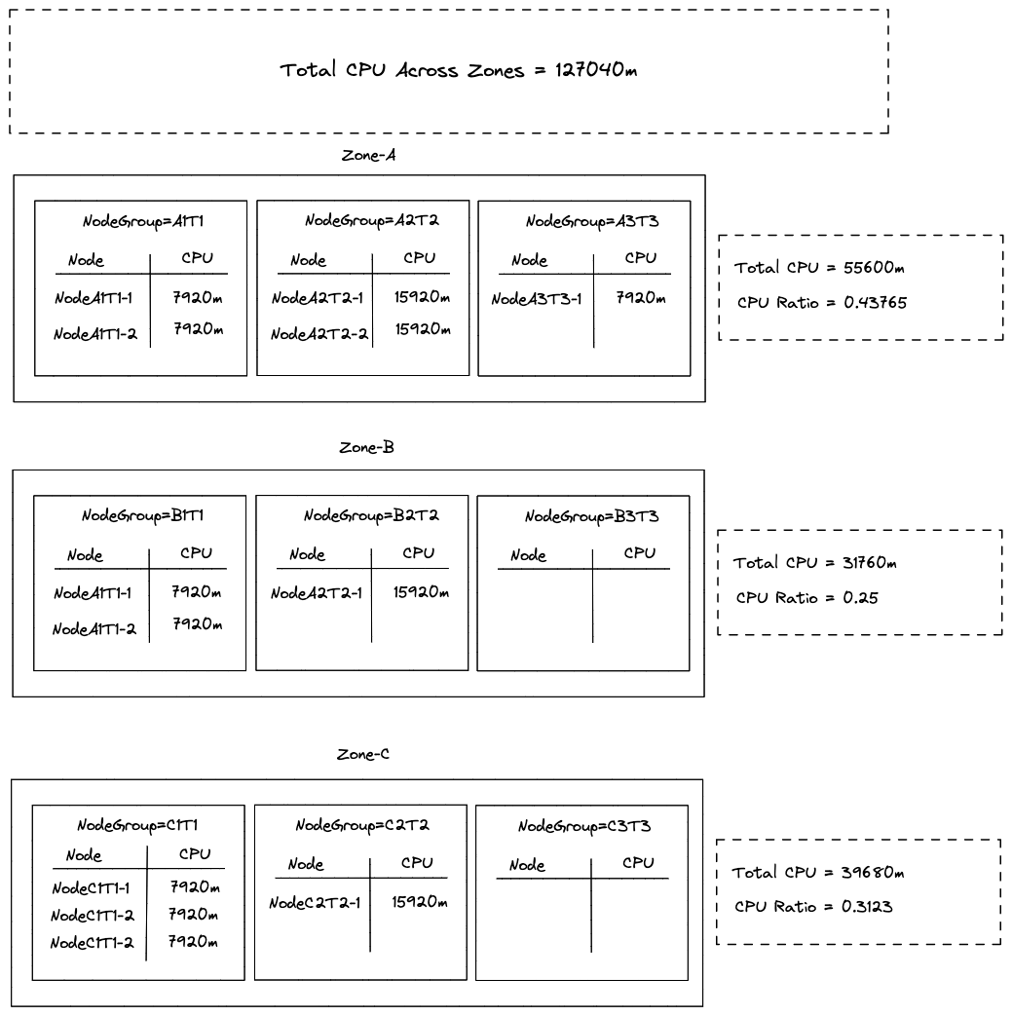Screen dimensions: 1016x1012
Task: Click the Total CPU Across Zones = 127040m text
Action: (x=459, y=70)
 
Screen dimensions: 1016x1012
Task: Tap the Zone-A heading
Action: (x=368, y=155)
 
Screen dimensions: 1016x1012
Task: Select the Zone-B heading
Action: (x=366, y=448)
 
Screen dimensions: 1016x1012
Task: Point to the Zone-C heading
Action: (x=363, y=754)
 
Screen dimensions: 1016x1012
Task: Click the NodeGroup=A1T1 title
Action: (x=142, y=222)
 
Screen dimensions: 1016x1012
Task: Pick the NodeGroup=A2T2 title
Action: (x=371, y=220)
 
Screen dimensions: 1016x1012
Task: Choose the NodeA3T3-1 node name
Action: (x=537, y=299)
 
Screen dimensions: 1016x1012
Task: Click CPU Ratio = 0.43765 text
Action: (x=822, y=303)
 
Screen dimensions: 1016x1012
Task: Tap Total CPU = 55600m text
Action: (x=820, y=267)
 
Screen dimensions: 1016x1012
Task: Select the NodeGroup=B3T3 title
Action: (x=591, y=516)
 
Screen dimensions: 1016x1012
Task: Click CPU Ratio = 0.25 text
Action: (x=807, y=598)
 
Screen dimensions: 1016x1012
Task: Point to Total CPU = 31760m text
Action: (x=814, y=563)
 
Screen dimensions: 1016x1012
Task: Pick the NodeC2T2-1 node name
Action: (x=314, y=903)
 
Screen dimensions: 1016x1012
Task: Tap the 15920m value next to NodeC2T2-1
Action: (x=420, y=902)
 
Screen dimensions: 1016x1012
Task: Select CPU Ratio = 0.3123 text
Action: (x=813, y=907)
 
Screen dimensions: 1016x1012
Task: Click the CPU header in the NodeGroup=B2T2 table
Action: (x=418, y=553)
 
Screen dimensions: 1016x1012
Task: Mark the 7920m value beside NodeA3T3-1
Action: (x=642, y=297)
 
